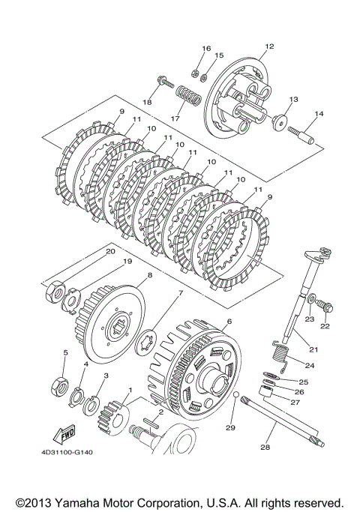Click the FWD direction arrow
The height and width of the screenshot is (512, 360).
(x=64, y=434)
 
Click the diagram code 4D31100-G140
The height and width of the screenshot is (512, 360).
(x=67, y=452)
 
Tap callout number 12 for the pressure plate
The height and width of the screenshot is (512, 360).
(x=269, y=46)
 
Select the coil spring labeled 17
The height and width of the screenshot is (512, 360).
(x=188, y=95)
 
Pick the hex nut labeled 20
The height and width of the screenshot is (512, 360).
(x=55, y=289)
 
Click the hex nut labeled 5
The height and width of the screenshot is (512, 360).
(x=60, y=386)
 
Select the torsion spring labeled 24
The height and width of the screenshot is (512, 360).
(x=280, y=355)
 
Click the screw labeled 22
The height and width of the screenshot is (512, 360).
(x=325, y=307)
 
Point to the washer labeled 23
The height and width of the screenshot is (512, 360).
(x=311, y=298)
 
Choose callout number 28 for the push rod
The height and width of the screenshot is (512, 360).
(x=265, y=447)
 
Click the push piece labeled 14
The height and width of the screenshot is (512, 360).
(x=301, y=136)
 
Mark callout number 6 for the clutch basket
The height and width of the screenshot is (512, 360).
(x=229, y=322)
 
